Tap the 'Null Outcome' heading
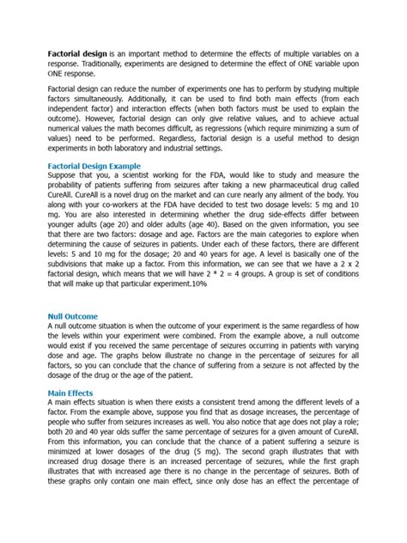(73, 316)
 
